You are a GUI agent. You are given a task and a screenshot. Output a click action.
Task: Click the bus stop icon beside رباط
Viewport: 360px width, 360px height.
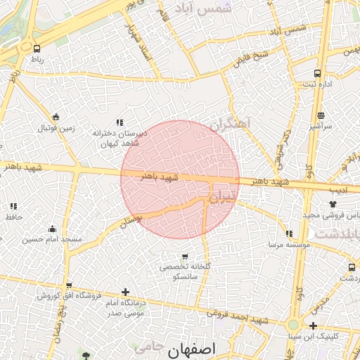pyautogui.click(x=37, y=49)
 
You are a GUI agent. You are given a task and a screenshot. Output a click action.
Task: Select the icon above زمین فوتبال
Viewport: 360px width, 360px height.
pyautogui.click(x=56, y=117)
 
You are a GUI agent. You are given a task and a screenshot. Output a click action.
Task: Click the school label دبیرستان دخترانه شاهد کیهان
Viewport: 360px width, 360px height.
pyautogui.click(x=119, y=137)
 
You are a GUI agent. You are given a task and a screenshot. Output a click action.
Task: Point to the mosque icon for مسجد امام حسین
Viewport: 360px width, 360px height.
pyautogui.click(x=52, y=229)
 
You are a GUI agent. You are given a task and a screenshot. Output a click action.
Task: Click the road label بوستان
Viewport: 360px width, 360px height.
pyautogui.click(x=131, y=220)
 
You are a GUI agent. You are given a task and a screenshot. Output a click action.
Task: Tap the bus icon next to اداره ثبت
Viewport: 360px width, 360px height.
pyautogui.click(x=317, y=73)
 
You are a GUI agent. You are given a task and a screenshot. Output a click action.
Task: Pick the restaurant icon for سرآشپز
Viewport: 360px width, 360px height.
pyautogui.click(x=321, y=115)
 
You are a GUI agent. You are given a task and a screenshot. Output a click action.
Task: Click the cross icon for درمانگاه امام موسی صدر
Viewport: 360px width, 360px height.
pyautogui.click(x=125, y=292)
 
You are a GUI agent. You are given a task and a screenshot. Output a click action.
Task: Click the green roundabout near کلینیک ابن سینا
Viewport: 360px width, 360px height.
pyautogui.click(x=292, y=325)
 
